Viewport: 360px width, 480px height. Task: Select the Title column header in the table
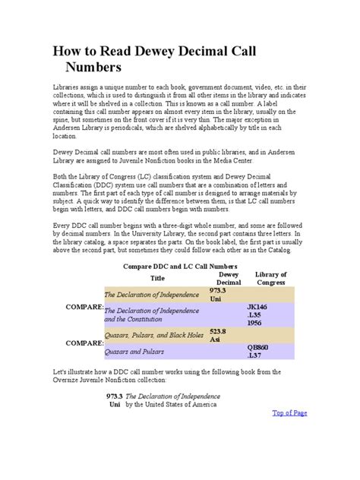tap(157, 278)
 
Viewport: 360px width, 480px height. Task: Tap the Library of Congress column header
tap(271, 278)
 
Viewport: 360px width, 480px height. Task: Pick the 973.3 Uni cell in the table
tap(219, 295)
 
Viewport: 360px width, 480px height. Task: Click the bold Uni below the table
tap(115, 405)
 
